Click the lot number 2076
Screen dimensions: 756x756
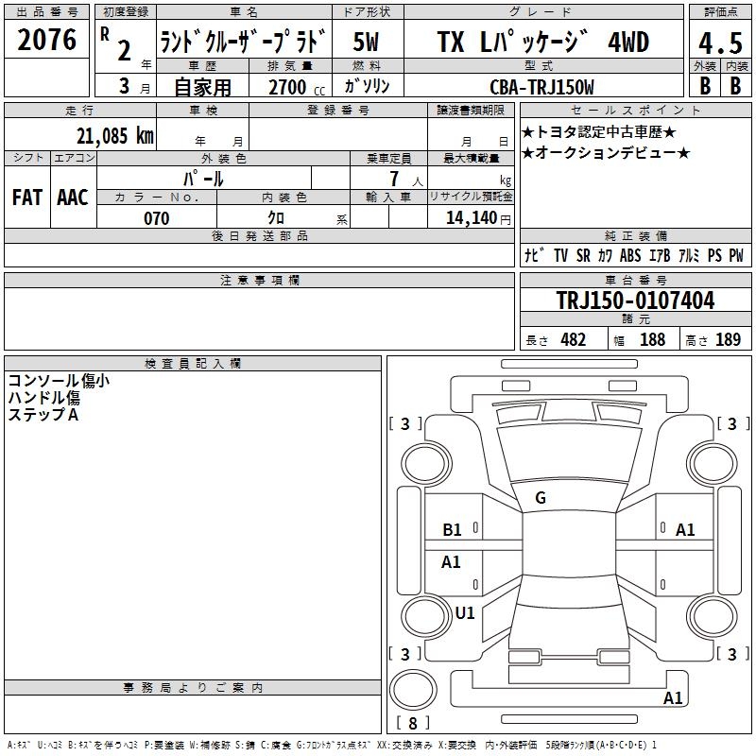(x=47, y=41)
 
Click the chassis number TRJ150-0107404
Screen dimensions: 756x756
(x=635, y=301)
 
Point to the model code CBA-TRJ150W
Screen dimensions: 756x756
(x=541, y=86)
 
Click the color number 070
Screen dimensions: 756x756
(x=156, y=218)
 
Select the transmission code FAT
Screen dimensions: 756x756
(x=26, y=197)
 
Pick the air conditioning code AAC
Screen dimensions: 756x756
(x=73, y=197)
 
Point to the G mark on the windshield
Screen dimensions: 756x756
(x=541, y=498)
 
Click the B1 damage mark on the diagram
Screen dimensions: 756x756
(x=453, y=530)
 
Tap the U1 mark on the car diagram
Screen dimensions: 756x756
(x=465, y=612)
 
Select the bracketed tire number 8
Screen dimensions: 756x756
(x=412, y=724)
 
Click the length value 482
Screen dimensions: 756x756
(x=574, y=339)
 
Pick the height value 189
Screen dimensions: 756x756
(x=728, y=339)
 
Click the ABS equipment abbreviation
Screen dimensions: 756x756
(x=630, y=255)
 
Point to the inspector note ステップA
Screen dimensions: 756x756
(x=43, y=415)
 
